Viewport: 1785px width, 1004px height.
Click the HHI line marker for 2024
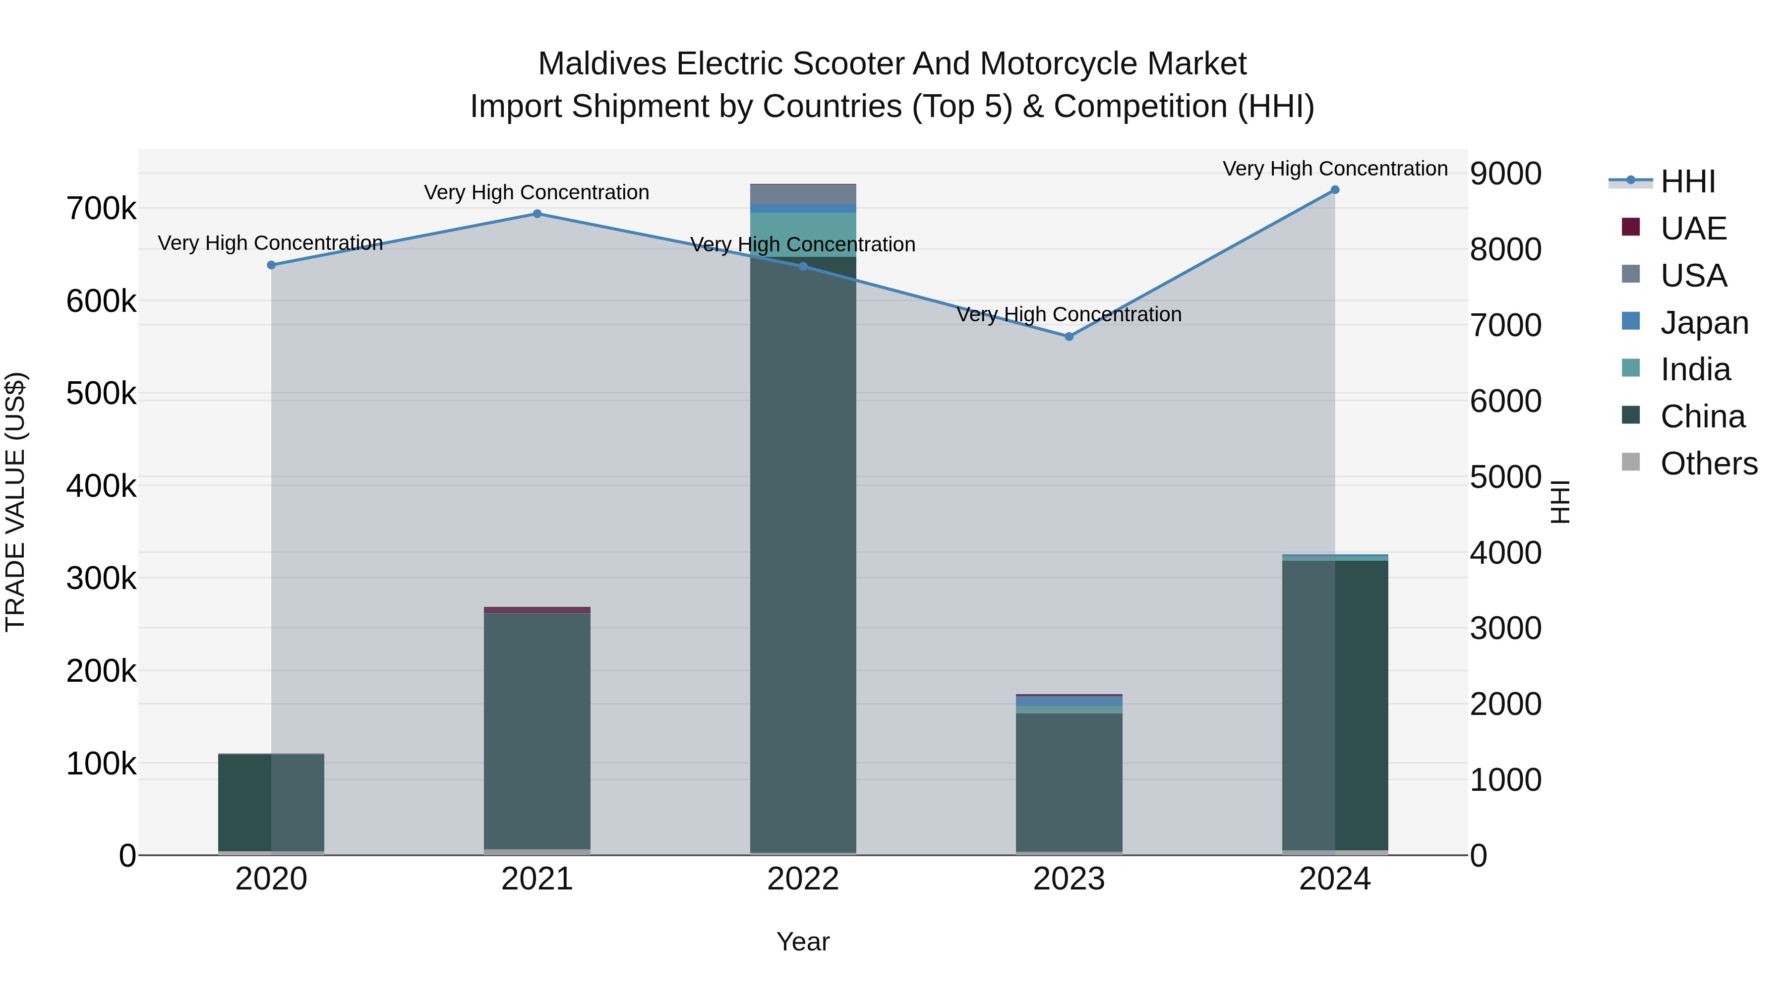1335,190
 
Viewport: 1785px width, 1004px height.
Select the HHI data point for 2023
1069,337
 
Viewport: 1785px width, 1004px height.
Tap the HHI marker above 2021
537,214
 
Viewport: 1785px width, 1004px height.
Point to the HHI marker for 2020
271,265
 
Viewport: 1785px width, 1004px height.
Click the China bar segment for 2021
537,731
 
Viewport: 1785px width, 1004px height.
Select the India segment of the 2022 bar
803,234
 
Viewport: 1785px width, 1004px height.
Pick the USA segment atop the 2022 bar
803,194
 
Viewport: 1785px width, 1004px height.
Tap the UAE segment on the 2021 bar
537,610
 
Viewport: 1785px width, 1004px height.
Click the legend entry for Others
1708,464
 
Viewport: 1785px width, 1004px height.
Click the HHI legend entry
1687,181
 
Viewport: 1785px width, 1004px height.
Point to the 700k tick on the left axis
101,209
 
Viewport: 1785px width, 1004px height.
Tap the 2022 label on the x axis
803,879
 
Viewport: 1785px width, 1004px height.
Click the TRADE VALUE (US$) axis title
15,502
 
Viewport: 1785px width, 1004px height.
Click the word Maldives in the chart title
601,64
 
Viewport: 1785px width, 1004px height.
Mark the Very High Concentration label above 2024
1335,169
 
